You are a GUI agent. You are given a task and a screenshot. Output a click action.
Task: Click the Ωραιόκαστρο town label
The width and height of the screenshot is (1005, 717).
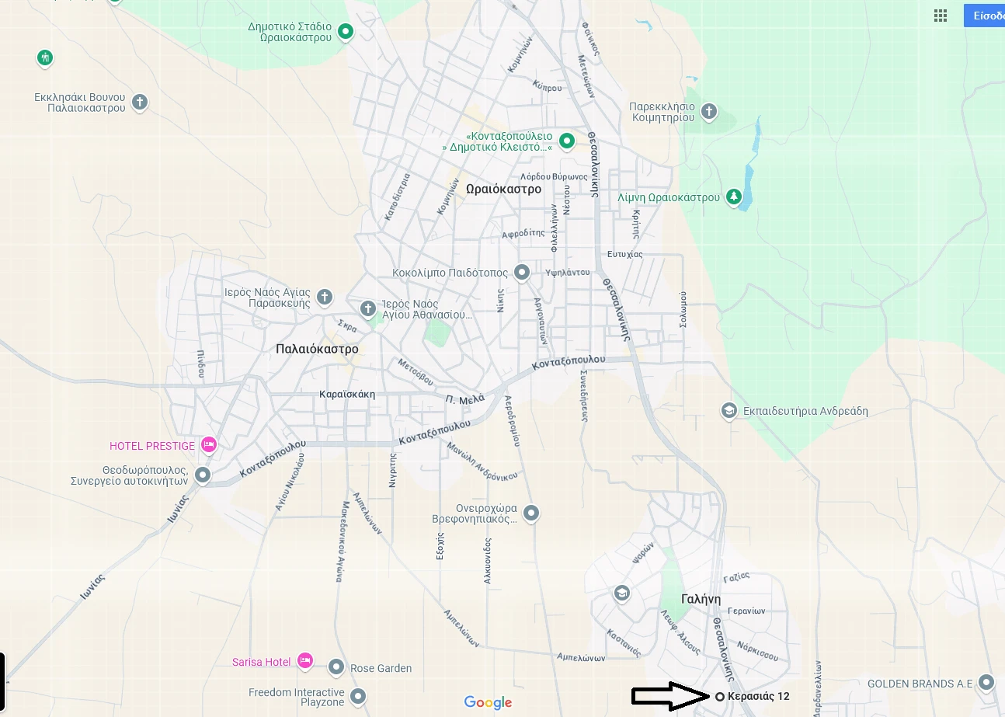click(504, 189)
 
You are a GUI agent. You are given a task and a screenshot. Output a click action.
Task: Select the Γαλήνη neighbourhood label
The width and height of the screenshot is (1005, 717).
click(701, 599)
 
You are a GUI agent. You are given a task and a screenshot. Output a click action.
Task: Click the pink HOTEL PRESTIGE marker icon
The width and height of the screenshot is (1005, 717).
click(208, 445)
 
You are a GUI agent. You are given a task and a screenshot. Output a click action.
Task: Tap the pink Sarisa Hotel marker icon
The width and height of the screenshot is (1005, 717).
click(304, 661)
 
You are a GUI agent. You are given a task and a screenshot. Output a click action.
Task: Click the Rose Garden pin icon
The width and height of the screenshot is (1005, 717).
click(336, 667)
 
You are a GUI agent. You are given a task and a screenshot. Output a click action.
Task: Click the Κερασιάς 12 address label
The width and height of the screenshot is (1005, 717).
click(758, 696)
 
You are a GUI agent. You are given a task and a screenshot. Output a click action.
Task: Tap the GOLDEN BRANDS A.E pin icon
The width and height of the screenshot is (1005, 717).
click(986, 683)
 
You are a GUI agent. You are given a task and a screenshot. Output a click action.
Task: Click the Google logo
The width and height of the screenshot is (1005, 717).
click(489, 702)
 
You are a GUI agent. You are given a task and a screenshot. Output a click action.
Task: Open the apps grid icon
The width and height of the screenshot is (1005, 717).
click(941, 16)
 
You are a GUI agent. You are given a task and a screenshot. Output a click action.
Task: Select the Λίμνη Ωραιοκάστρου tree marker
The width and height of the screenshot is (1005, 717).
click(733, 197)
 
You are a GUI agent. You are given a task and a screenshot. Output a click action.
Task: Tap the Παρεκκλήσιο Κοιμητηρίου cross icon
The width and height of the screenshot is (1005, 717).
click(708, 112)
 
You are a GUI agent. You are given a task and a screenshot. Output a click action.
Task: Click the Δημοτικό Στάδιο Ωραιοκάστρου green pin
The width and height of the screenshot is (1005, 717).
click(346, 32)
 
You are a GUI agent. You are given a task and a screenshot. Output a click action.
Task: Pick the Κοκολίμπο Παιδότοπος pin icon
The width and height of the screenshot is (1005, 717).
click(522, 273)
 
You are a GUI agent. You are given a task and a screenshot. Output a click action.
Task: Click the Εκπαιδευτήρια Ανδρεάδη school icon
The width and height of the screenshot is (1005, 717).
click(729, 411)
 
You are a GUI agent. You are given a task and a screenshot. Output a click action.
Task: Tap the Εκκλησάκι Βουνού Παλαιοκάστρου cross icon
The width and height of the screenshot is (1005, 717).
click(140, 102)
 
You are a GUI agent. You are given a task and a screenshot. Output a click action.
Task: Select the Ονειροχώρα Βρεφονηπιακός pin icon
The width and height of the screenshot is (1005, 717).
click(531, 513)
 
